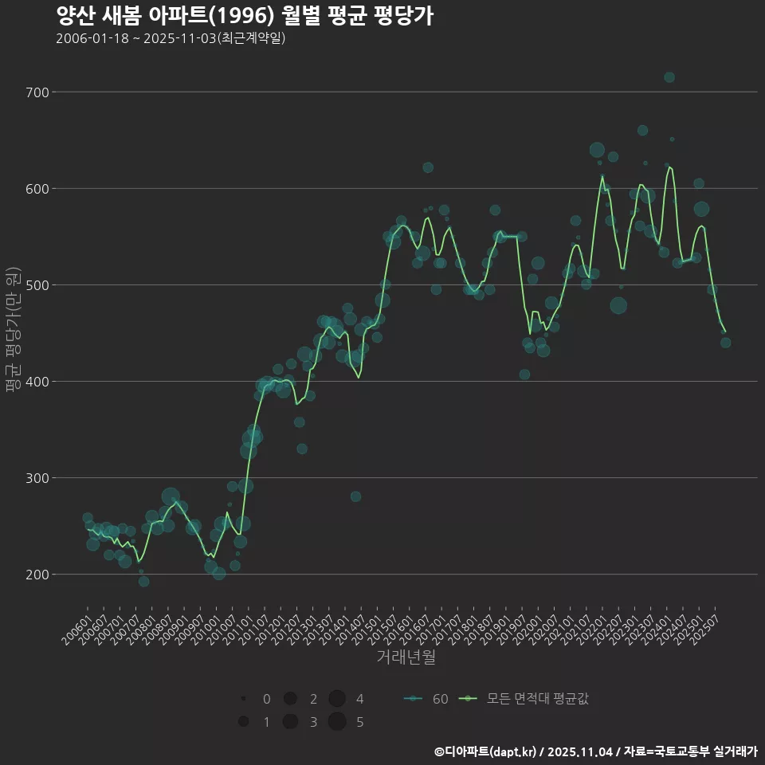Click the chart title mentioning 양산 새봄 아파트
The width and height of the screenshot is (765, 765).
pyautogui.click(x=245, y=15)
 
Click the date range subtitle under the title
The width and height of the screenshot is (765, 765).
pyautogui.click(x=171, y=38)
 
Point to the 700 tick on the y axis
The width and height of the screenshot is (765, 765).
pyautogui.click(x=37, y=92)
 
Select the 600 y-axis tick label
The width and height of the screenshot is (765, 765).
pyautogui.click(x=37, y=189)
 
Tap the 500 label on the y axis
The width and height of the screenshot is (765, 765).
pyautogui.click(x=37, y=285)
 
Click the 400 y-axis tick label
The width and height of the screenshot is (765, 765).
pyautogui.click(x=37, y=382)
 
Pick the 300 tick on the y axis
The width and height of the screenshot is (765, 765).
pyautogui.click(x=37, y=478)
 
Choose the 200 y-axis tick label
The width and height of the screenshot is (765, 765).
pyautogui.click(x=37, y=575)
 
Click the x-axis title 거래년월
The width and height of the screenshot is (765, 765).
pyautogui.click(x=406, y=657)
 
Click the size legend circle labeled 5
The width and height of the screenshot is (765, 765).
pyautogui.click(x=337, y=722)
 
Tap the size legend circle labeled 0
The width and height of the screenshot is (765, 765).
pyautogui.click(x=243, y=699)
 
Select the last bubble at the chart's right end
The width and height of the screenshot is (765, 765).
pyautogui.click(x=726, y=343)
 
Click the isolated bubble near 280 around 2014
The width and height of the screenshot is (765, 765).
pyautogui.click(x=355, y=496)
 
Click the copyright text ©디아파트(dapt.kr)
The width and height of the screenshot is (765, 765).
pyautogui.click(x=487, y=751)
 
